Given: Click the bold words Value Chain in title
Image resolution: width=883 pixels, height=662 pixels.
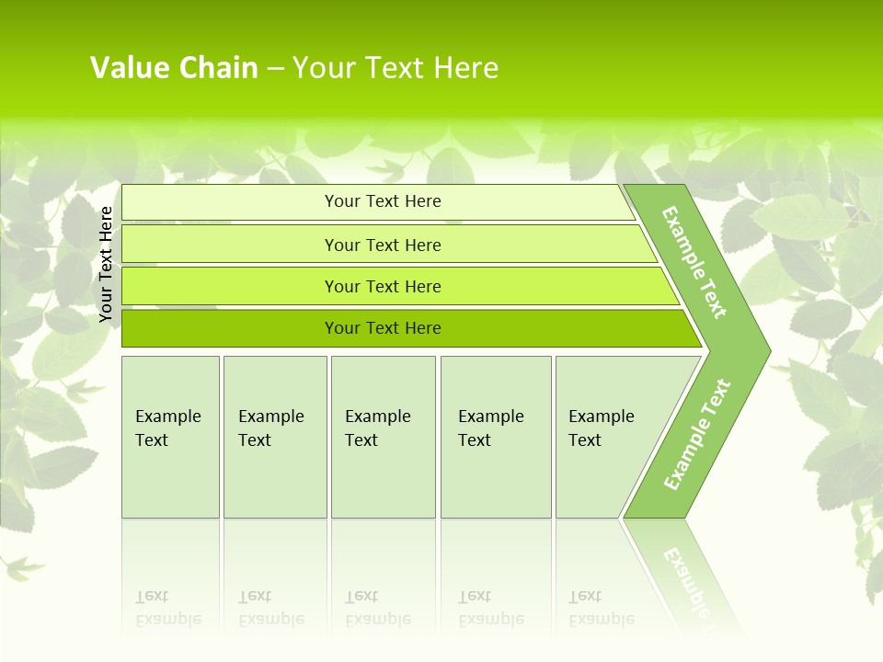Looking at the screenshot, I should (x=174, y=68).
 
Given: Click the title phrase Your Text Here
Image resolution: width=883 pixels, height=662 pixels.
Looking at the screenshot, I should (x=396, y=68).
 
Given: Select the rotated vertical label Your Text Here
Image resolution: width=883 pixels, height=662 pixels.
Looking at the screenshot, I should (x=106, y=264).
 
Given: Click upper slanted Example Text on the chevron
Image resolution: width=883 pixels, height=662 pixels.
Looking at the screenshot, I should (x=694, y=262).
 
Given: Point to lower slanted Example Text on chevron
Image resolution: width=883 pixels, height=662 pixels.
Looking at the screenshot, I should (x=697, y=435).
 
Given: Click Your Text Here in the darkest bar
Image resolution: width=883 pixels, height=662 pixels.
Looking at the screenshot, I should (x=383, y=328).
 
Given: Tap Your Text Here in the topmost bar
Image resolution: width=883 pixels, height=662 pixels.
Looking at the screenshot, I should (x=383, y=201).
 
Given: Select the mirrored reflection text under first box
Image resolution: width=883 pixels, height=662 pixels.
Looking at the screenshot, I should (x=167, y=609).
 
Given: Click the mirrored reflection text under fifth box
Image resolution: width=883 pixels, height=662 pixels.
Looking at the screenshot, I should (x=601, y=609).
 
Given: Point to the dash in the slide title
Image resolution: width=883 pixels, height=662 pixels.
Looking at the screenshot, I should (x=275, y=69).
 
